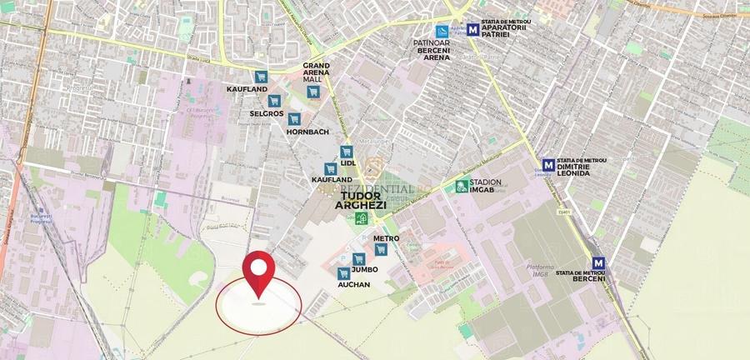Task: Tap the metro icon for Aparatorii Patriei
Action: tap(473, 29)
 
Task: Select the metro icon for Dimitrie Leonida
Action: tap(548, 165)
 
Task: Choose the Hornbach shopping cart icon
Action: tap(294, 119)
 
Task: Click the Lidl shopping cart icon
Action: tap(347, 151)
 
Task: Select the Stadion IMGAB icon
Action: tap(461, 186)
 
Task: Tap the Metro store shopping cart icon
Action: tap(381, 249)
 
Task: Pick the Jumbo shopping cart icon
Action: tap(358, 259)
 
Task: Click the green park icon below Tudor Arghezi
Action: tap(361, 219)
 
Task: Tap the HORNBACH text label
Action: tap(307, 132)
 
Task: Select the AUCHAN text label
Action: tap(353, 284)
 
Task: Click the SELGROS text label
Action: tap(267, 112)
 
